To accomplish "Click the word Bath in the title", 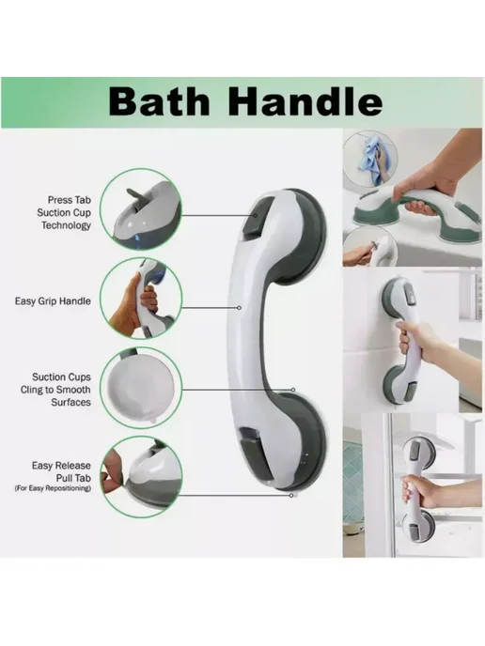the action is (159, 102).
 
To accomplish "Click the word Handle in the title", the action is (305, 102).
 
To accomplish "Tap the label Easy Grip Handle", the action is (53, 301).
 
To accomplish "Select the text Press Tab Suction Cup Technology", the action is (64, 212).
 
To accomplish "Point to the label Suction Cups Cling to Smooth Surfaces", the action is (55, 390).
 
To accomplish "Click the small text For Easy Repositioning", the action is (53, 488).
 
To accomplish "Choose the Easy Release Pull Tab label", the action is (61, 471).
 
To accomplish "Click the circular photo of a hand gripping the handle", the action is (141, 299).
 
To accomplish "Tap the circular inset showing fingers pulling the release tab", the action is (141, 478).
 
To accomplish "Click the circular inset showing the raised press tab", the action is (141, 209).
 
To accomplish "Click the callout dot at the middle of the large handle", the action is (239, 308).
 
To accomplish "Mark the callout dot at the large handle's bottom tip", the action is (291, 495).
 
